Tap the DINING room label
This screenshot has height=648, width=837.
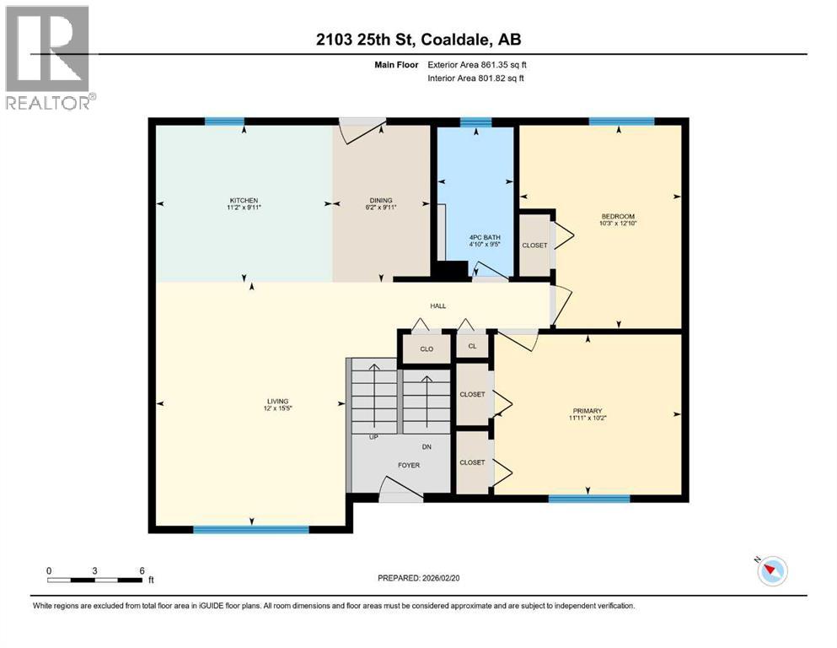click(380, 200)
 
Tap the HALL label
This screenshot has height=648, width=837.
click(437, 305)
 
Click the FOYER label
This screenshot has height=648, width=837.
click(408, 465)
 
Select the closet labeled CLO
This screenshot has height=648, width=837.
click(427, 348)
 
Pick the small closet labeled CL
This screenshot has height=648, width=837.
click(472, 346)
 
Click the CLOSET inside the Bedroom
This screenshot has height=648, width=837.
click(534, 246)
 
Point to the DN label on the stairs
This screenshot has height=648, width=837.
click(427, 448)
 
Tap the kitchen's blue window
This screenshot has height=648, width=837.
click(225, 121)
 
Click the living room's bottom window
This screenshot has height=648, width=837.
click(250, 530)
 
